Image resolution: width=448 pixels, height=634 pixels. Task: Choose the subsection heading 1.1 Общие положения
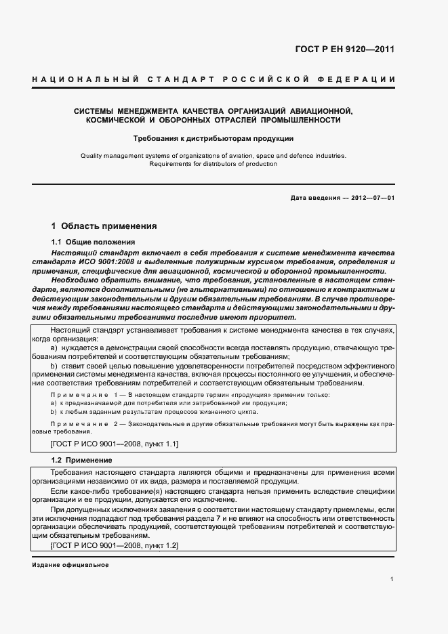coord(94,242)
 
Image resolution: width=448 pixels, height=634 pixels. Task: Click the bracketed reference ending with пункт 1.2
coord(114,545)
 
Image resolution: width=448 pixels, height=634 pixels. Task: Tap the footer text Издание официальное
coord(70,565)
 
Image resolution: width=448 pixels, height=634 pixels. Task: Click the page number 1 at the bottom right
coord(392,579)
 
